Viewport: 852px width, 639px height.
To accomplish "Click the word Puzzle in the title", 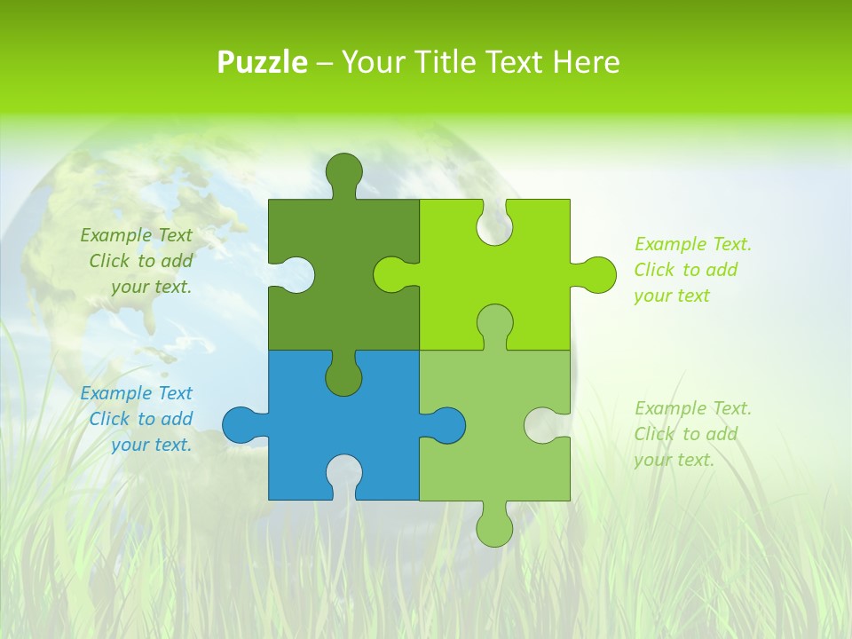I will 263,62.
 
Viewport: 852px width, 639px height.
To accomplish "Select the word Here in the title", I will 585,62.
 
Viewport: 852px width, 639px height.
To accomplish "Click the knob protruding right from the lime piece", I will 596,274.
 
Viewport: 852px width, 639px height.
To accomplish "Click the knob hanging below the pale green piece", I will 494,527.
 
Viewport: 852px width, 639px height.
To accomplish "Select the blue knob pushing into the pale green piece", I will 446,425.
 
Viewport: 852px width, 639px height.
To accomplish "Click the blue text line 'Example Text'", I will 136,393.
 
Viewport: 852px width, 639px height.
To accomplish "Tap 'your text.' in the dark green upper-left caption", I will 151,287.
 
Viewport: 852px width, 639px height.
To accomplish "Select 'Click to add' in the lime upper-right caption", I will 685,270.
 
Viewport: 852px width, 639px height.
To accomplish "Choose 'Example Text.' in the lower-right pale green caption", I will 692,408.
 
